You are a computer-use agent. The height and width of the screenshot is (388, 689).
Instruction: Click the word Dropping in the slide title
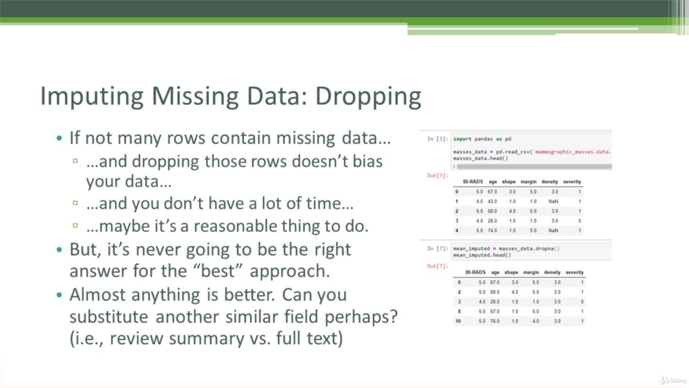[368, 96]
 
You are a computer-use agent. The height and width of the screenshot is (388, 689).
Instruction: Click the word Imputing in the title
[92, 96]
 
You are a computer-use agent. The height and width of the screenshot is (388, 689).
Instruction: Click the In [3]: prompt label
[437, 139]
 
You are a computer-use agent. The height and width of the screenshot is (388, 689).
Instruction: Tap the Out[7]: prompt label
[437, 266]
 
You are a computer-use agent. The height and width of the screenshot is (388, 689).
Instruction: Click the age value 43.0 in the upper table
[493, 202]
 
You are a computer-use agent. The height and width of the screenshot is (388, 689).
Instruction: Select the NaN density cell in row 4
[553, 231]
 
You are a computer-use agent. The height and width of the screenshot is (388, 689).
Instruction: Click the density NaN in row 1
[553, 202]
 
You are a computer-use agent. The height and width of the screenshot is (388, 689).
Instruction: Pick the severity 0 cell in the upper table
[579, 221]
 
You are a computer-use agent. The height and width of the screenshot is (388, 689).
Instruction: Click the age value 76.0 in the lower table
[495, 321]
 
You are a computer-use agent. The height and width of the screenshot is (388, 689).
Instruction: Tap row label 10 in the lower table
[458, 321]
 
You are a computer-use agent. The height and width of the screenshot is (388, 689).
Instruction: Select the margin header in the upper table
[529, 182]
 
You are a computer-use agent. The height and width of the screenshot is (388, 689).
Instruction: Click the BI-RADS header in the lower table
[475, 273]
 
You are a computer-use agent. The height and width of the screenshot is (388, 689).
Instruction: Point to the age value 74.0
[493, 231]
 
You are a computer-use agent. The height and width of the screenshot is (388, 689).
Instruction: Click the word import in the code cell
[462, 139]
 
